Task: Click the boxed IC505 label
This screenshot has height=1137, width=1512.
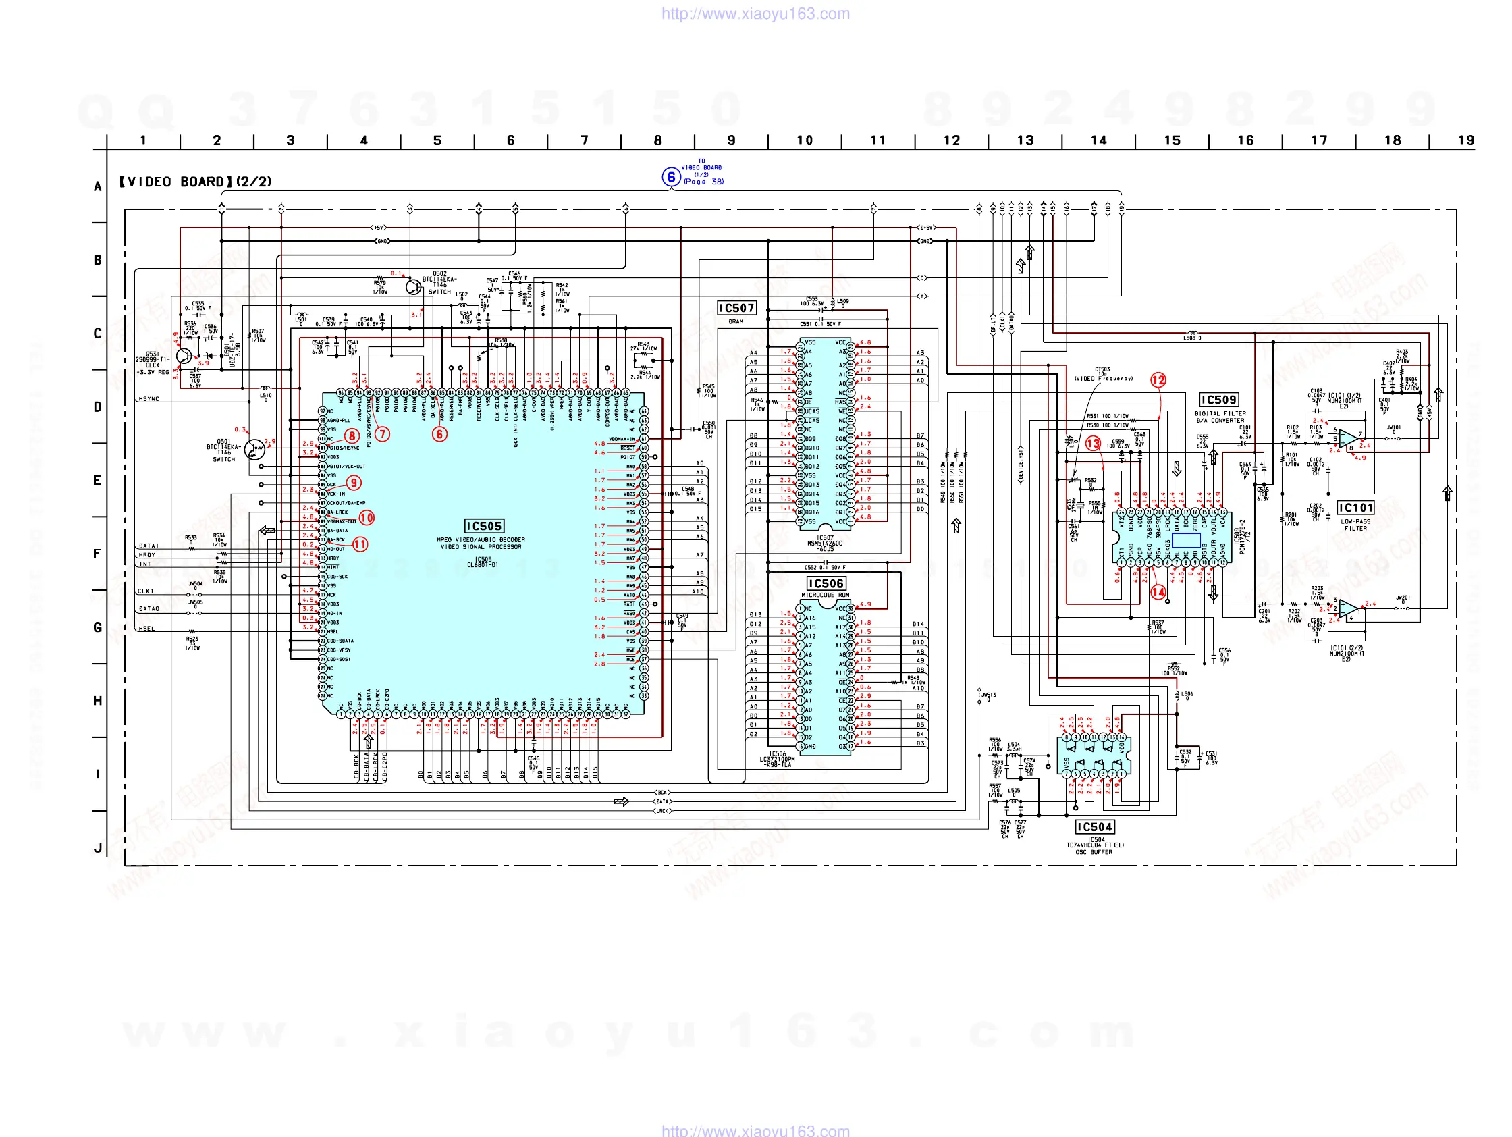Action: (484, 526)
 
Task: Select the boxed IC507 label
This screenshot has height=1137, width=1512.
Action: (736, 309)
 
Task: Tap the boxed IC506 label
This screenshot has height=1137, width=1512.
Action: (826, 583)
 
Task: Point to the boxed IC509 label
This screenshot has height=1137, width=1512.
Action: (1219, 400)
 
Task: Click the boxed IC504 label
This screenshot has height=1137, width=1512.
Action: (1094, 826)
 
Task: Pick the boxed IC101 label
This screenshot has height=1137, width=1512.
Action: (1355, 507)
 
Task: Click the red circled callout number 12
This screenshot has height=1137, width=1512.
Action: (1158, 380)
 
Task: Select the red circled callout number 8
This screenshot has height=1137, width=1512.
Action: (352, 436)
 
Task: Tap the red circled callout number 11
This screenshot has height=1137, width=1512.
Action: (360, 544)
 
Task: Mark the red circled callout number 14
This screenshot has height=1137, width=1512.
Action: (1158, 592)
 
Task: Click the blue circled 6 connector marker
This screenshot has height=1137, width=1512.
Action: (671, 177)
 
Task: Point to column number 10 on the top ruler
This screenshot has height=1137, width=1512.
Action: (805, 141)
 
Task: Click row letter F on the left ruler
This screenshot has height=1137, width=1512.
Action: (98, 554)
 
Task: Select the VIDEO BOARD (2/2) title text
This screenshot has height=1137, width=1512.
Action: (196, 182)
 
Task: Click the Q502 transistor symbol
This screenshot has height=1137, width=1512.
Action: (414, 286)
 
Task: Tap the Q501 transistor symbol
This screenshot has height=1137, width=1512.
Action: (255, 449)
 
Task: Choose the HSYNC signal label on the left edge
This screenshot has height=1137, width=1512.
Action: (148, 399)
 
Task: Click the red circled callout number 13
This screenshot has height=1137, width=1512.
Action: (1093, 444)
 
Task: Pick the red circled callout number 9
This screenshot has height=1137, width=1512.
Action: (354, 483)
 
